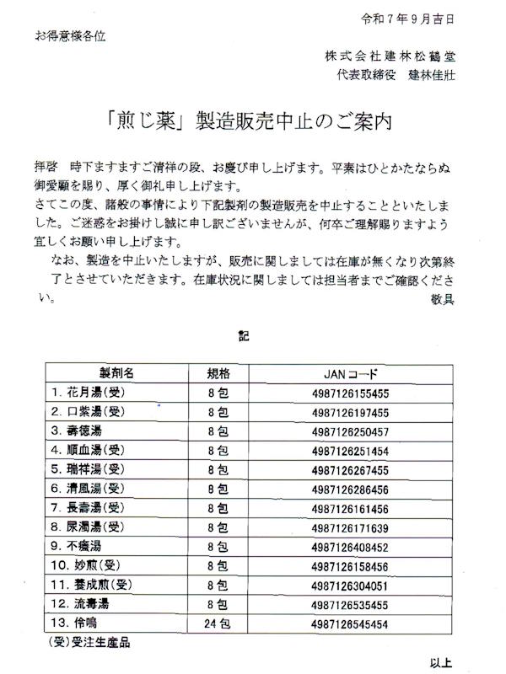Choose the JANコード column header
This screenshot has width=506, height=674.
(x=348, y=372)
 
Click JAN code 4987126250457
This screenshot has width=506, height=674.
(x=348, y=431)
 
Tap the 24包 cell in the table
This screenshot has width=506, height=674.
(x=218, y=623)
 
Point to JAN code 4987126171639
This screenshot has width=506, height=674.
(x=348, y=527)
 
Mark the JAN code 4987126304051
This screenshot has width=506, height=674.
(x=348, y=585)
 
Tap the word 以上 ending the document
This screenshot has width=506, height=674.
(x=441, y=662)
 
